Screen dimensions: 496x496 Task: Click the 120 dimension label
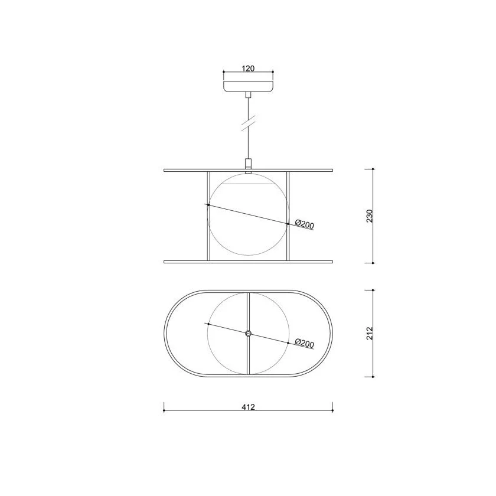[248, 68]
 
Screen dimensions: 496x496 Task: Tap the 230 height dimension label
[370, 216]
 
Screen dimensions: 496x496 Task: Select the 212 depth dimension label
[370, 334]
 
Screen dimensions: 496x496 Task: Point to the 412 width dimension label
[249, 407]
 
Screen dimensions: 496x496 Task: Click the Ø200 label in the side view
[304, 224]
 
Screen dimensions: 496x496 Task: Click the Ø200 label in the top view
[304, 343]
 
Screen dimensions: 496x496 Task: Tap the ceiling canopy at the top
[249, 86]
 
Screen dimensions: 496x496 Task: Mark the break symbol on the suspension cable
[249, 124]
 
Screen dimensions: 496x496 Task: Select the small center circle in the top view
[249, 333]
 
